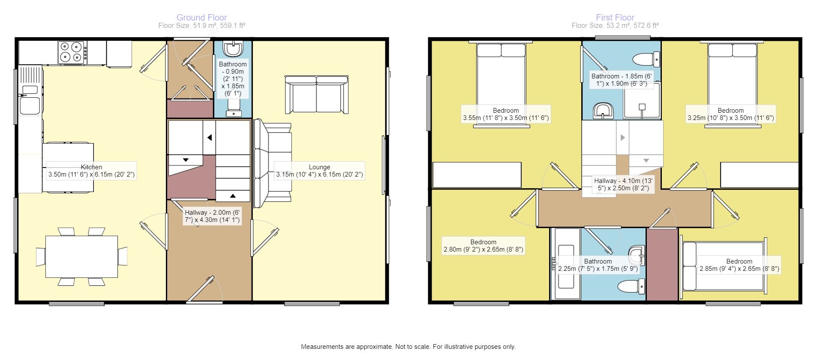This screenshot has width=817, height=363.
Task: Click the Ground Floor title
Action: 201,18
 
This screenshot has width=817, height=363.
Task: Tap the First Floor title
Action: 615,18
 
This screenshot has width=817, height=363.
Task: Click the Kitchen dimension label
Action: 91,171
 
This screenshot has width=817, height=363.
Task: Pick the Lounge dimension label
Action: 319,171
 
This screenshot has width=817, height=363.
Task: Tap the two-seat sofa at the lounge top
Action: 316,94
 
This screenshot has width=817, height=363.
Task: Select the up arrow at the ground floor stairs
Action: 233,196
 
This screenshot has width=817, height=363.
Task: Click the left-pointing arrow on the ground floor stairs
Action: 210,138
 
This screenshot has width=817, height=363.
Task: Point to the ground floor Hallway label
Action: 212,216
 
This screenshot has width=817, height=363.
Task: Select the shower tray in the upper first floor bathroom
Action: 642,101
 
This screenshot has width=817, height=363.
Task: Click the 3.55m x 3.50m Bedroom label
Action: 506,114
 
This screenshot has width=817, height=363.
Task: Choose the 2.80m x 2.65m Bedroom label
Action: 483,246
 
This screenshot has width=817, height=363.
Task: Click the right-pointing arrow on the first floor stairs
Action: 623,138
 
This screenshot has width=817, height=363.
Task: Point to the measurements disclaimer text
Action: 408,347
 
